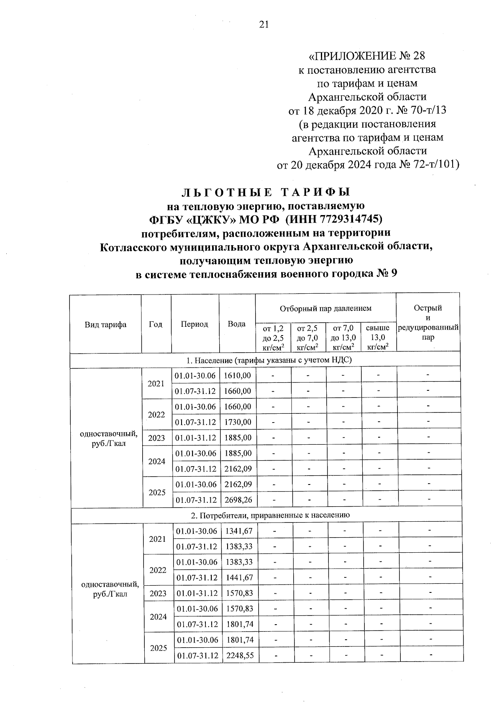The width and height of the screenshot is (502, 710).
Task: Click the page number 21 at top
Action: (263, 25)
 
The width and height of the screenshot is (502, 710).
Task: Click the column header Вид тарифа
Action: (105, 324)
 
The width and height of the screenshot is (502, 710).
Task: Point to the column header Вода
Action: (236, 324)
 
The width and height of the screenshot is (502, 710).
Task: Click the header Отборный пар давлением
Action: (325, 309)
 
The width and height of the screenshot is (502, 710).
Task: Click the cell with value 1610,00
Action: (237, 376)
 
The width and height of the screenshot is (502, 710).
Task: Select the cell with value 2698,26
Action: (238, 500)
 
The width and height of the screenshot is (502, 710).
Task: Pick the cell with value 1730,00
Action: (238, 422)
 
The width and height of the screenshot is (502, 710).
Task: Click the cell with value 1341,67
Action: (239, 531)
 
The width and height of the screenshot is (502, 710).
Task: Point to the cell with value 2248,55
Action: (240, 655)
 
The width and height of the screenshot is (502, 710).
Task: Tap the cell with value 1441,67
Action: (239, 578)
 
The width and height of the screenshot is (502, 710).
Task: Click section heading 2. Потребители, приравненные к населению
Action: (267, 515)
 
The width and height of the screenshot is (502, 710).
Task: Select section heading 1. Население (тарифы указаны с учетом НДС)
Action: (266, 360)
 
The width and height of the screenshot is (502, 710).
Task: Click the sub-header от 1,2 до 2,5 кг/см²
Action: (273, 337)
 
